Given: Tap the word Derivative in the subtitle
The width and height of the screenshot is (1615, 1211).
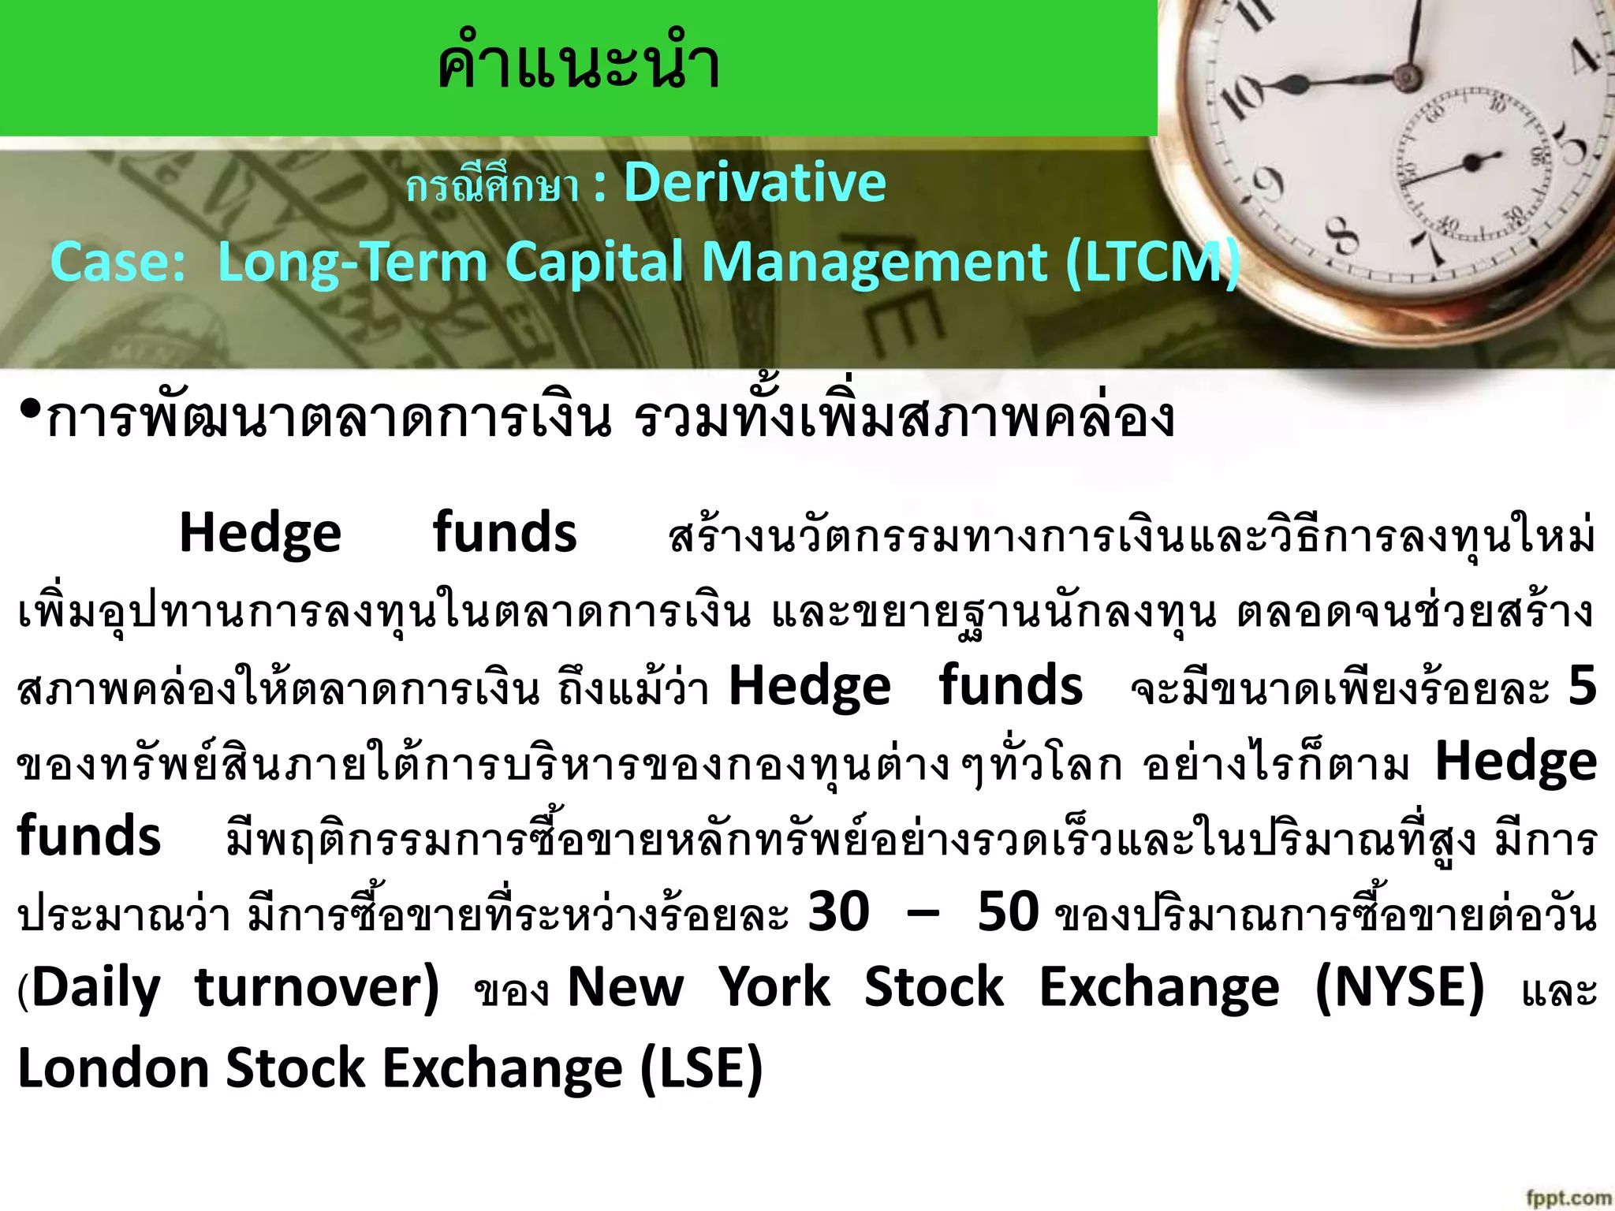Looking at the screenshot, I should pos(755,183).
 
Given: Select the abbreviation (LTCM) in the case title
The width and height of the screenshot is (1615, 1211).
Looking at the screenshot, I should pos(1153,263).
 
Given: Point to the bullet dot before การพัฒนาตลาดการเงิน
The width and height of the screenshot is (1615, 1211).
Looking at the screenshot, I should pos(30,410).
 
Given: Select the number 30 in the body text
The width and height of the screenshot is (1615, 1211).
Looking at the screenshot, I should pos(839,912).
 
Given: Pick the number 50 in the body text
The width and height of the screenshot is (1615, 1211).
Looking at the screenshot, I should pos(1009,912).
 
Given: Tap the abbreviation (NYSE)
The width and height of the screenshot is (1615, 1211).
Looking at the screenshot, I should pos(1400,987).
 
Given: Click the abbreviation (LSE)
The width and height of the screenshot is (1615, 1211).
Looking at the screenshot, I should pos(701,1068).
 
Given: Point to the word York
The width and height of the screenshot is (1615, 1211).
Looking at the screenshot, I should pos(774,987).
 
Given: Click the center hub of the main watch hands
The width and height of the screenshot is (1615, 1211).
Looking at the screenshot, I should pos(1404,77).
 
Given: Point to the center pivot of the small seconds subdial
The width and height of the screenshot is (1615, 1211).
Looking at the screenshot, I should pos(1471,163).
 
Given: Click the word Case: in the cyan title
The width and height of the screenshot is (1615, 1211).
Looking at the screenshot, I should pos(118,263).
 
